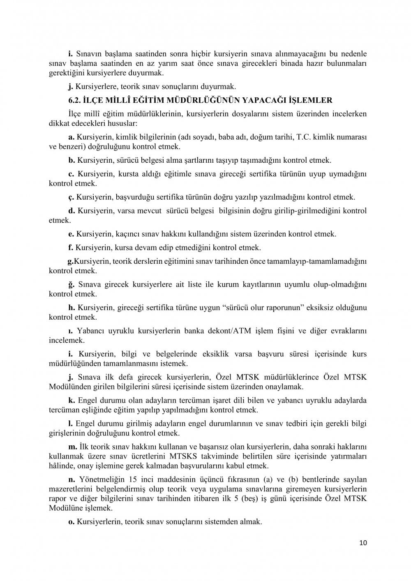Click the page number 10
pyautogui.click(x=363, y=543)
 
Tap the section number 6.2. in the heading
pyautogui.click(x=75, y=100)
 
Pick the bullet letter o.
pyautogui.click(x=71, y=522)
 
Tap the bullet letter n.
pyautogui.click(x=71, y=479)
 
